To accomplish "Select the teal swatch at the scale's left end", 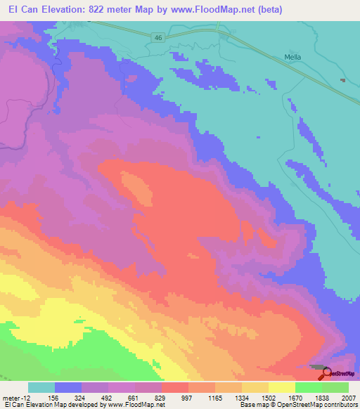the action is pyautogui.click(x=41, y=387).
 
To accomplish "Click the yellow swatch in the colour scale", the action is pyautogui.click(x=282, y=387).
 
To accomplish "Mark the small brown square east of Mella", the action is pyautogui.click(x=342, y=80).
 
